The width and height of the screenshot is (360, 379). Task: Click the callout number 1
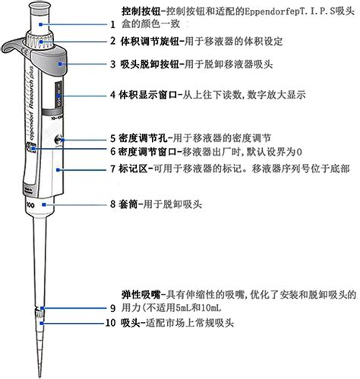(112, 25)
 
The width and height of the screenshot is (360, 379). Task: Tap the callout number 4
(112, 96)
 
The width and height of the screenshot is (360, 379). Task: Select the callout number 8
(112, 204)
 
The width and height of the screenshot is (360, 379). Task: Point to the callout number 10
(111, 323)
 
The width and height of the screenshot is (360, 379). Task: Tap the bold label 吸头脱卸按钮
(147, 65)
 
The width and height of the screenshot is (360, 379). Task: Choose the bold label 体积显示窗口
(147, 96)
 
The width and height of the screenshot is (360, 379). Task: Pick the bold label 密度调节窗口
(147, 152)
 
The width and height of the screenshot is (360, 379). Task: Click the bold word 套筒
(130, 204)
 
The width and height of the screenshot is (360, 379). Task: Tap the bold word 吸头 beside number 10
(130, 323)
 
